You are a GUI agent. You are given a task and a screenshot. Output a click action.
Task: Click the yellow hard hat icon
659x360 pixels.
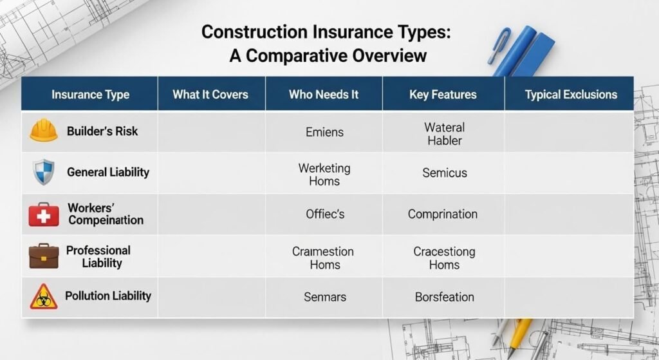(x=44, y=130)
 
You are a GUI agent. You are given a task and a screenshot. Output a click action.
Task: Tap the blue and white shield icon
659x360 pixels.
(x=44, y=172)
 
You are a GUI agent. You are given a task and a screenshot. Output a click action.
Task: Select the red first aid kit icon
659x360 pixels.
(x=44, y=214)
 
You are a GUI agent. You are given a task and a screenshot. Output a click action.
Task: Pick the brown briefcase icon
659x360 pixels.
(x=44, y=256)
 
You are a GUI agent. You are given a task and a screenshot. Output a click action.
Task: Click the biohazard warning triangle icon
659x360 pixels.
(x=44, y=296)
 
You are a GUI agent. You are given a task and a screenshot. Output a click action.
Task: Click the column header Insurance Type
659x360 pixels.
(x=90, y=95)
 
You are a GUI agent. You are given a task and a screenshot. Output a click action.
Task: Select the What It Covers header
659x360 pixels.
(x=210, y=95)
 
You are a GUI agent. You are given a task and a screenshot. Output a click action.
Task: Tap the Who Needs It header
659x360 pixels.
(x=324, y=95)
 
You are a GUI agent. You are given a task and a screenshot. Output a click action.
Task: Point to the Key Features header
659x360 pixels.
(x=443, y=95)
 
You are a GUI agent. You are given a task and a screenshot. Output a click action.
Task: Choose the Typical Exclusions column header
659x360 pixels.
(x=571, y=95)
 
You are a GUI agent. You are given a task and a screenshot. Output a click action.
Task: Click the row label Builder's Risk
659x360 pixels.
(x=102, y=131)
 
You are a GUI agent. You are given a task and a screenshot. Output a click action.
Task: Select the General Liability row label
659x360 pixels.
(x=108, y=172)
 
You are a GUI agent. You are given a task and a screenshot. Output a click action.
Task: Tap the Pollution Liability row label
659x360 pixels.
(x=108, y=296)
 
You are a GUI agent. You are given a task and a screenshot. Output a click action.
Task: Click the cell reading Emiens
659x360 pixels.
(x=324, y=132)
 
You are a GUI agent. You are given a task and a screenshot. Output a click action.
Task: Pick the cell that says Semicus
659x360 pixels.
(x=445, y=173)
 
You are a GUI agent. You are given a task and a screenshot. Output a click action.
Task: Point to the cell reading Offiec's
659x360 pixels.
(x=325, y=214)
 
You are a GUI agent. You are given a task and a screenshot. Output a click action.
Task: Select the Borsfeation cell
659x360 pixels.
(x=444, y=297)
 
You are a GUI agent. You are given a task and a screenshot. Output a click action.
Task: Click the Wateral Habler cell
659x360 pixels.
(x=444, y=134)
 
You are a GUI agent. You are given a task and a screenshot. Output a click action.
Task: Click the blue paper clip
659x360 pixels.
(x=499, y=46)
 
